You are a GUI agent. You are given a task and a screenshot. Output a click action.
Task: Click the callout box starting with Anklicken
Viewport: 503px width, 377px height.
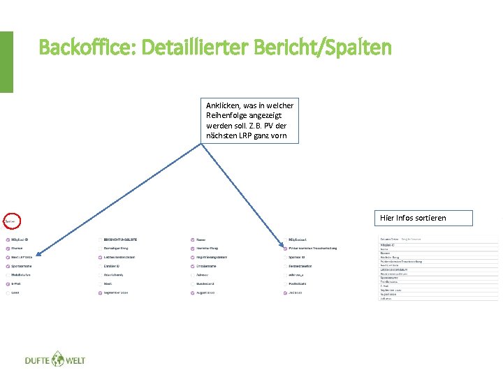click(249, 121)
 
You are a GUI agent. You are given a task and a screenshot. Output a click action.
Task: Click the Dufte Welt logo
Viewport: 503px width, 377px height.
click(54, 360)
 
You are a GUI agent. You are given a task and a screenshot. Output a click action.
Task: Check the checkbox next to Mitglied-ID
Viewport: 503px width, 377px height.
click(7, 239)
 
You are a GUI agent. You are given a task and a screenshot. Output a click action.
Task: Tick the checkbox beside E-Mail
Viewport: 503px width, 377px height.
click(7, 284)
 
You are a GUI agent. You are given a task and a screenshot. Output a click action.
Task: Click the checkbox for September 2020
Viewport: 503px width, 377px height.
click(100, 293)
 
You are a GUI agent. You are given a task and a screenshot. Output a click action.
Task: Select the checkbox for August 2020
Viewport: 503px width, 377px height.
click(192, 293)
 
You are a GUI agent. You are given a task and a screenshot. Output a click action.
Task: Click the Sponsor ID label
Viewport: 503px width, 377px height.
click(300, 257)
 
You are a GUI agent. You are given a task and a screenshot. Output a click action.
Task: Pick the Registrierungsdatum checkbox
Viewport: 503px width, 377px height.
click(192, 257)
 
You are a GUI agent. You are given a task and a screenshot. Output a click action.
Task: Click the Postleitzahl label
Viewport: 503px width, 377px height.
click(302, 284)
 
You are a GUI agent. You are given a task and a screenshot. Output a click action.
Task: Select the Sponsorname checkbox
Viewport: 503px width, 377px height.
click(7, 266)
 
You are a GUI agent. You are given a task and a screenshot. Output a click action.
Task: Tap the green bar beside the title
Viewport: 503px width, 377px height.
click(6, 61)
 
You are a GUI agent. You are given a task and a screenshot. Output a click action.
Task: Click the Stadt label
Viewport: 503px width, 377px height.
click(108, 284)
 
